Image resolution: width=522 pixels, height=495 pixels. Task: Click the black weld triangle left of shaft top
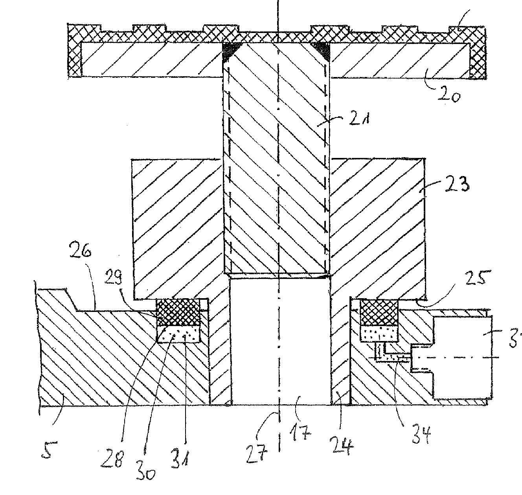pos(230,51)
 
